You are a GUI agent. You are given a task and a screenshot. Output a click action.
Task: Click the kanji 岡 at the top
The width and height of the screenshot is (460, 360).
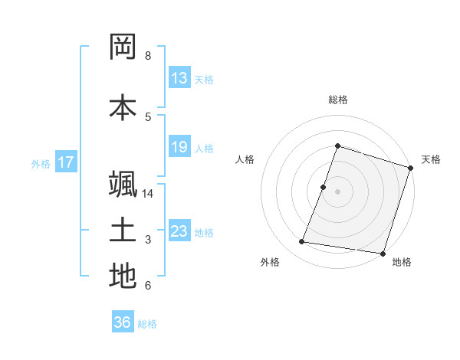pos(123,47)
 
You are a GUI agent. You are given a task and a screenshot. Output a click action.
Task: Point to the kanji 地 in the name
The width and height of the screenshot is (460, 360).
pos(123,277)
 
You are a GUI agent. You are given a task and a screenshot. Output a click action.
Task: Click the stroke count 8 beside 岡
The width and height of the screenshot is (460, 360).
pos(148,56)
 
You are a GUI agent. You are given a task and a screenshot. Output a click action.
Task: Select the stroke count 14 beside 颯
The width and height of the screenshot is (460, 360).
pos(148,194)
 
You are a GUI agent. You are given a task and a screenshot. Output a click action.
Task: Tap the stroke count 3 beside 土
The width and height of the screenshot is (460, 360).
pos(148,240)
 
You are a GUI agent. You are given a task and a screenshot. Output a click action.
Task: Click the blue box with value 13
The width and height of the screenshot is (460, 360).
pos(179,77)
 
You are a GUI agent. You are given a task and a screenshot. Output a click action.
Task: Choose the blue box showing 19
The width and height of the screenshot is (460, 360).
pos(179,147)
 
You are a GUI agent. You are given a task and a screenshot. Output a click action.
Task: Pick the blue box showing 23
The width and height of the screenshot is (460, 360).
pos(179,231)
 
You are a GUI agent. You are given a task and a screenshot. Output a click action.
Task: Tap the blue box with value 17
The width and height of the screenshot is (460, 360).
pos(66,162)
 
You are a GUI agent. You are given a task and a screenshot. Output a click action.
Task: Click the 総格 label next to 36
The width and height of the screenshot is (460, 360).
pos(147,324)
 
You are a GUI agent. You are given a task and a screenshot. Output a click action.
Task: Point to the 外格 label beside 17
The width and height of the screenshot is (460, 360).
pos(40,163)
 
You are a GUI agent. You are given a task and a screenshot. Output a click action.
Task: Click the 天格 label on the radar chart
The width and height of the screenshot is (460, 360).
pos(431,159)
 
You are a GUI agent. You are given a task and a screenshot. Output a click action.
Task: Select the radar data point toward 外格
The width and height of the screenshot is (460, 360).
pos(302,242)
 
